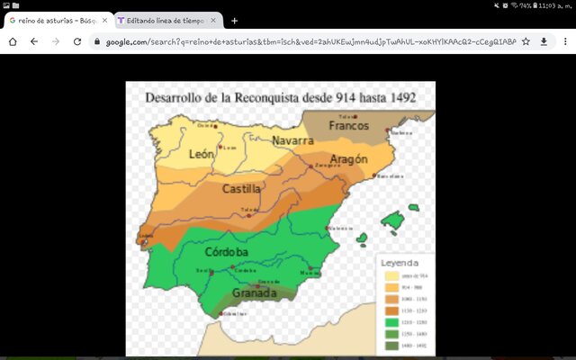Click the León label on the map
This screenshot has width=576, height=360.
(202, 154)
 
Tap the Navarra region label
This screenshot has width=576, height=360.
(292, 141)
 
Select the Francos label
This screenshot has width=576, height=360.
(348, 126)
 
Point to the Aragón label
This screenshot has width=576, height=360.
(348, 159)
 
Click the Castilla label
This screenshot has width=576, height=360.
(241, 189)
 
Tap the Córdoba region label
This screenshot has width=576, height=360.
(227, 252)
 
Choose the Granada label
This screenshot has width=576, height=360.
(255, 293)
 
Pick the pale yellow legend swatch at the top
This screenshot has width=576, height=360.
(392, 276)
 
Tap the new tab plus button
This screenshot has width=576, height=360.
(234, 20)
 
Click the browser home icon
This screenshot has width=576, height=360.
(13, 41)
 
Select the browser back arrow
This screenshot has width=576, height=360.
(34, 41)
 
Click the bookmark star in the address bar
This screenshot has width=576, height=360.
(526, 41)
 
